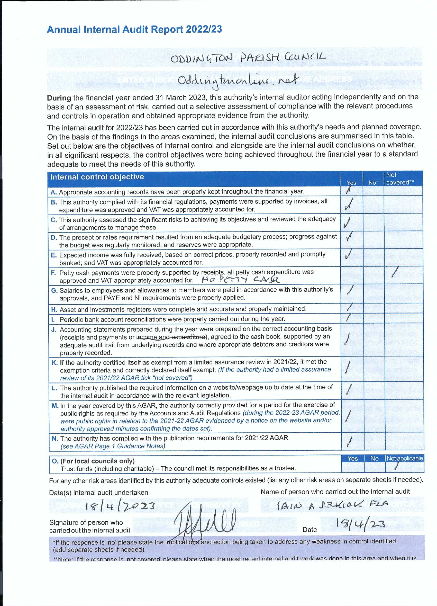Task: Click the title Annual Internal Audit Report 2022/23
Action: [134, 29]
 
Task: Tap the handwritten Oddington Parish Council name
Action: [248, 58]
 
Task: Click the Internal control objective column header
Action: [97, 177]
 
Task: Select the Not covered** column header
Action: [400, 179]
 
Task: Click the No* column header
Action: [373, 183]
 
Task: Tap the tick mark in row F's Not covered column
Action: [395, 272]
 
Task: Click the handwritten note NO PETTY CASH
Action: [241, 280]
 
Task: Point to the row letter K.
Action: [54, 363]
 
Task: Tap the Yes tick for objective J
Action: [347, 338]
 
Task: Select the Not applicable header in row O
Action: [404, 459]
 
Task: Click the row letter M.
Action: [55, 406]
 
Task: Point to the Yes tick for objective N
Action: [349, 442]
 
